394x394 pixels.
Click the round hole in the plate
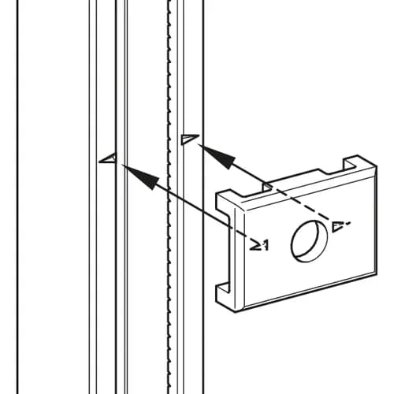coord(310,241)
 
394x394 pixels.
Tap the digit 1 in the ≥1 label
coord(266,246)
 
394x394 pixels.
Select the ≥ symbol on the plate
coord(255,244)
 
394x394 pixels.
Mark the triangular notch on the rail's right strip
coord(190,139)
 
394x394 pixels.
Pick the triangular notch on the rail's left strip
coord(108,158)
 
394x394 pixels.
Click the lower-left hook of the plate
coord(223,294)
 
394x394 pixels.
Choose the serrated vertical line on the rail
coord(169,197)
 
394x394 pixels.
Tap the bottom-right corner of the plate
coord(377,273)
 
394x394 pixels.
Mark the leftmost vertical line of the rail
coord(17,197)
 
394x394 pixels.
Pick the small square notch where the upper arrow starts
coord(267,186)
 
